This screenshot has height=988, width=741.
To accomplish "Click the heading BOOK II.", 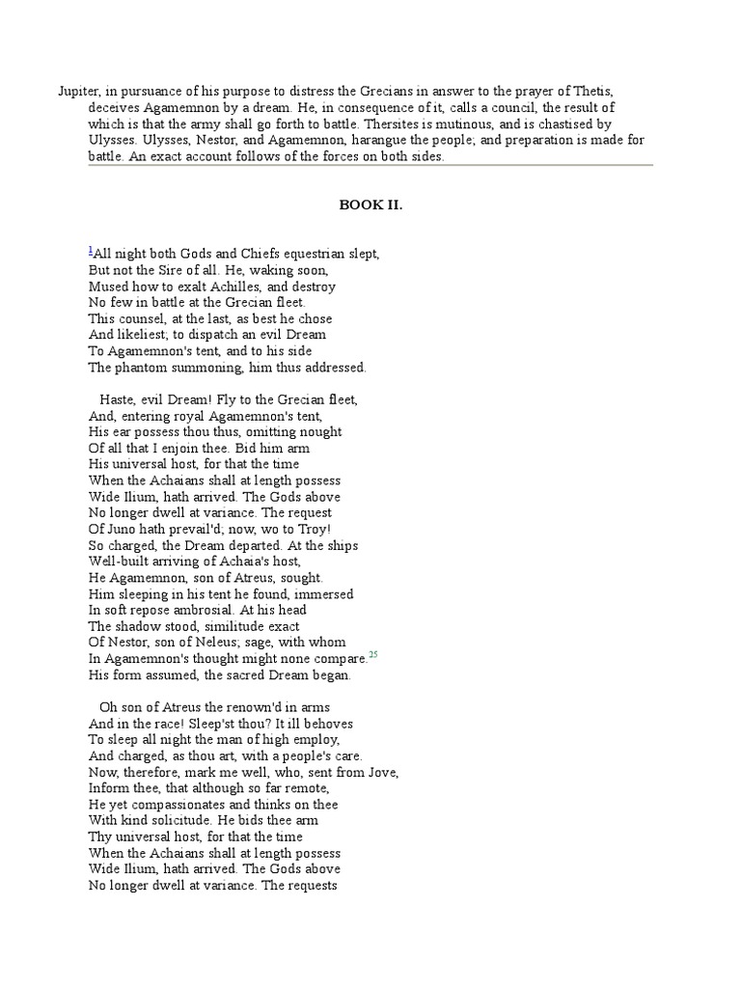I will tap(370, 205).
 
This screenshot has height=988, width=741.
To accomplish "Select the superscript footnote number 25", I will tap(373, 656).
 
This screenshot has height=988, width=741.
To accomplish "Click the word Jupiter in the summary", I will tap(78, 91).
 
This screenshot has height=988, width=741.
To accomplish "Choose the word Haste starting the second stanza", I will tap(120, 399).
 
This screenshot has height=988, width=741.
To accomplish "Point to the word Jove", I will tap(379, 772).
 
